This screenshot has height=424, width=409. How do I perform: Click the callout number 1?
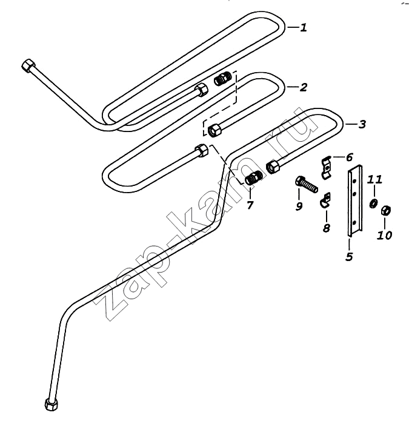[304, 27]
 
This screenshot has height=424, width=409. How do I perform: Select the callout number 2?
[304, 87]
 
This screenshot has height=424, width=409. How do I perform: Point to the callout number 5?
[349, 257]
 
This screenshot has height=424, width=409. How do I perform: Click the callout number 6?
[349, 157]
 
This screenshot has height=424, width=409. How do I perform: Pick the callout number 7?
[250, 205]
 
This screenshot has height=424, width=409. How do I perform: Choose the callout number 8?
[327, 228]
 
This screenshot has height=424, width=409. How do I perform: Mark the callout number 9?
[299, 207]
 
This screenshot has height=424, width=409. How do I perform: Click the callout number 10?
[384, 235]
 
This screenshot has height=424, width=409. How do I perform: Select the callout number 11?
[374, 179]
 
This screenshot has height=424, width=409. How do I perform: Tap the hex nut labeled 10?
[385, 210]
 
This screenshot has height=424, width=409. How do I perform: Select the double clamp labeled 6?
[327, 168]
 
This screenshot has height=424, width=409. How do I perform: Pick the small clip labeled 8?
[326, 200]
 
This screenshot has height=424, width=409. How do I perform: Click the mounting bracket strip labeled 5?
[354, 201]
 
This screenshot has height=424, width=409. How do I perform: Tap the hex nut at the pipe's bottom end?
[52, 404]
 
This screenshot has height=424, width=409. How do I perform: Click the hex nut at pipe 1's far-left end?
[28, 65]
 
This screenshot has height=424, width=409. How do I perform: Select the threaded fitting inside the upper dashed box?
[222, 79]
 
